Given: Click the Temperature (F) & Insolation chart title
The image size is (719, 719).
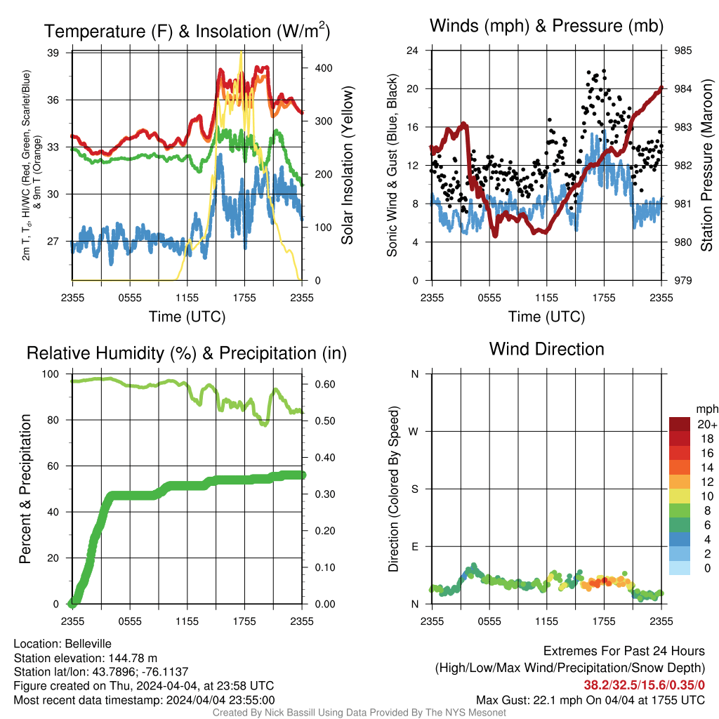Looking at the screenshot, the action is (187, 31).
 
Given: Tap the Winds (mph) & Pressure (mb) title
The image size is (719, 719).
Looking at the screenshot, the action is (546, 26).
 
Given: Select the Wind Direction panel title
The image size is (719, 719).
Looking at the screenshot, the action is (546, 349).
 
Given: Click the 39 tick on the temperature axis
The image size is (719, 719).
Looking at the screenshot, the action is (53, 53).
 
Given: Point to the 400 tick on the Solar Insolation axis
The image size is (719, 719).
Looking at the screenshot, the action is (324, 68).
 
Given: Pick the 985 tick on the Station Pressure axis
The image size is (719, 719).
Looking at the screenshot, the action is (682, 51).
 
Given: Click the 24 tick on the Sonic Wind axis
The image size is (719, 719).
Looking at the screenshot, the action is (412, 51).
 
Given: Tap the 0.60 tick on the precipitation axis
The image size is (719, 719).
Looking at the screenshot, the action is (325, 384).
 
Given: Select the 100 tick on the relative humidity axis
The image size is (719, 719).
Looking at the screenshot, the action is (51, 374).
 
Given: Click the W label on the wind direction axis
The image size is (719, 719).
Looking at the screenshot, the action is (414, 432).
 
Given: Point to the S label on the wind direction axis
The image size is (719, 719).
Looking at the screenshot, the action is (414, 489).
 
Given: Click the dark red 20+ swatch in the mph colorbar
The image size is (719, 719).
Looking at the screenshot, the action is (680, 424).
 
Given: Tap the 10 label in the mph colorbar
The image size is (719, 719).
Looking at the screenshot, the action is (707, 496).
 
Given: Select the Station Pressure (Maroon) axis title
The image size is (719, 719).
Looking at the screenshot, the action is (706, 165).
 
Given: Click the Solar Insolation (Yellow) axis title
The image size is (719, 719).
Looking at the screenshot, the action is (347, 165).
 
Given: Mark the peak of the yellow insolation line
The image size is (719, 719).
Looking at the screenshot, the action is (242, 52).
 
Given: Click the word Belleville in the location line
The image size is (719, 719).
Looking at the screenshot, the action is (88, 644).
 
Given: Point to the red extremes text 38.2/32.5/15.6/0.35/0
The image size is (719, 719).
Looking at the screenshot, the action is (645, 685).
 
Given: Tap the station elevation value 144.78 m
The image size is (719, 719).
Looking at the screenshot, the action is (133, 658).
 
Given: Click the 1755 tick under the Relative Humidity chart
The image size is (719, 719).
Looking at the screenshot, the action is (244, 621).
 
